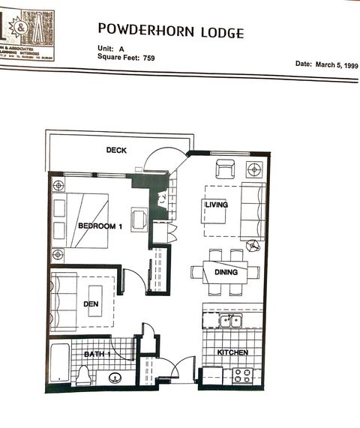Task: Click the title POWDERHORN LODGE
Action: (170, 31)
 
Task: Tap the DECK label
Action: (116, 150)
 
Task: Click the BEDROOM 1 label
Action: (100, 226)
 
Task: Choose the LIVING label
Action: (217, 204)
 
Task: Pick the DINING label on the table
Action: (226, 273)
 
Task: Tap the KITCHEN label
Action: (232, 352)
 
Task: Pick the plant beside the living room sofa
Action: (254, 245)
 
